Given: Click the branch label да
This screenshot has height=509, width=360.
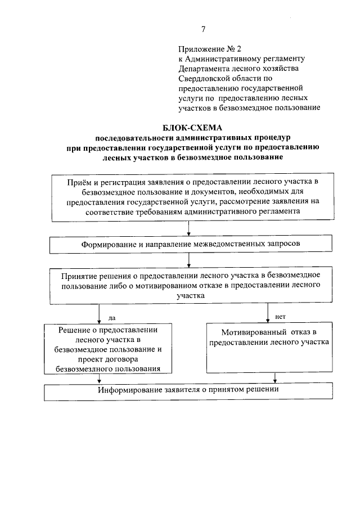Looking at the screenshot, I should click(110, 317).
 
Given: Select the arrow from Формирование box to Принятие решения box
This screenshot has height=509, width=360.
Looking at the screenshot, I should click(187, 261).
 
